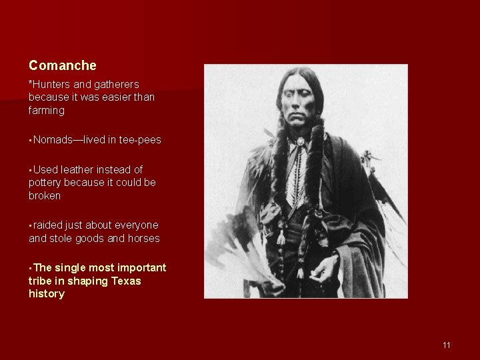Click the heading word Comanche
tap(63, 65)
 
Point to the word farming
tap(47, 110)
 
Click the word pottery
tap(45, 183)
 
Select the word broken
tap(45, 196)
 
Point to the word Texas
tap(127, 281)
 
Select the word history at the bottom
tap(47, 294)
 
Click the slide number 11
tap(446, 345)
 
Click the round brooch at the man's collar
tap(301, 142)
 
